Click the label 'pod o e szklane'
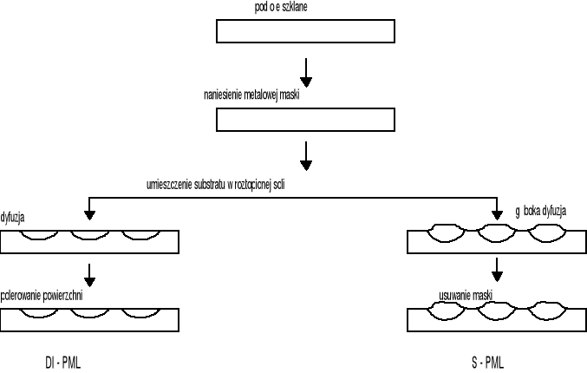pyautogui.click(x=280, y=7)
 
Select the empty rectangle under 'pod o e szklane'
pyautogui.click(x=304, y=31)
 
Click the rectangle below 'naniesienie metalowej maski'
pyautogui.click(x=304, y=119)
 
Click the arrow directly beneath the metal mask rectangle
pyautogui.click(x=305, y=156)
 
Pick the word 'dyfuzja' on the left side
pyautogui.click(x=13, y=218)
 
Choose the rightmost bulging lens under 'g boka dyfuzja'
pyautogui.click(x=545, y=234)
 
